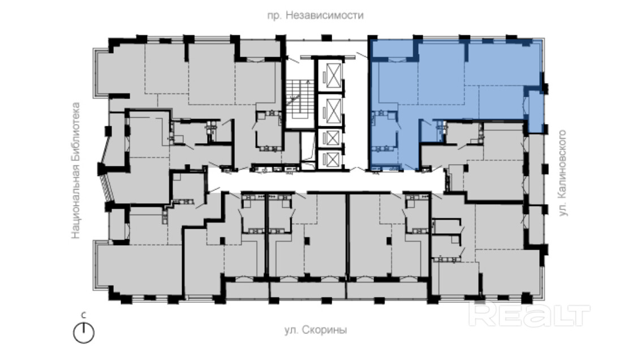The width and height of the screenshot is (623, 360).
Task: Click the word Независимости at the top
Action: coord(324,15)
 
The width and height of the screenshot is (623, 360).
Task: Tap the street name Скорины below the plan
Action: coord(325,330)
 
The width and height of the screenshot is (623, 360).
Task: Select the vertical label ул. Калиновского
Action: coord(562,173)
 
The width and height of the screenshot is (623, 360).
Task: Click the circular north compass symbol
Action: coord(84,333)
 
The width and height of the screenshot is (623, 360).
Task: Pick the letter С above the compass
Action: coord(83,316)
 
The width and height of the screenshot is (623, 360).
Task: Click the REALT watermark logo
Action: coord(529,314)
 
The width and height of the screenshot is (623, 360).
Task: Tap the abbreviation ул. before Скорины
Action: coord(292,330)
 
